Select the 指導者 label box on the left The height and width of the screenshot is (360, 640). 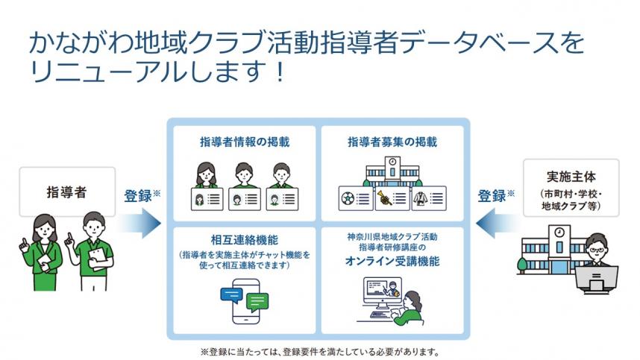click(66, 192)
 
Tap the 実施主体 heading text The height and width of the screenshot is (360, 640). click(571, 177)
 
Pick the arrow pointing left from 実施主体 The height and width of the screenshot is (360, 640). click(495, 223)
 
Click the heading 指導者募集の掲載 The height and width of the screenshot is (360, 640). click(392, 141)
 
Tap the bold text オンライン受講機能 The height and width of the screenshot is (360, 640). click(392, 262)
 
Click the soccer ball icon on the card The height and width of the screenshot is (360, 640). click(348, 198)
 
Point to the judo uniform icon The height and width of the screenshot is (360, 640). click(422, 198)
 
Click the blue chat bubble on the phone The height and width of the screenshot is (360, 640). click(233, 293)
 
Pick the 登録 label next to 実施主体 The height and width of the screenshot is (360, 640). click(494, 195)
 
